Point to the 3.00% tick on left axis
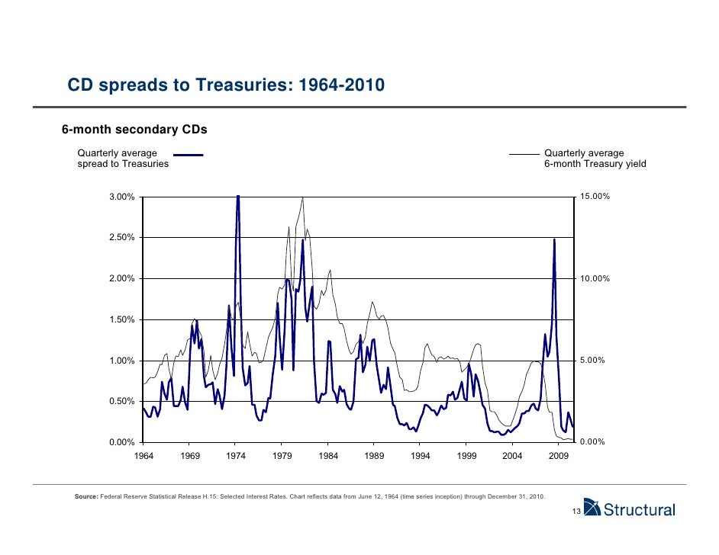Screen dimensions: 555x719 click(x=122, y=197)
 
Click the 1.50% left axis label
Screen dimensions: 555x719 click(x=122, y=319)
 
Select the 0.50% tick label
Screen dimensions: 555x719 click(x=122, y=401)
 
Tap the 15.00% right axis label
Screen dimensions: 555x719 click(x=595, y=197)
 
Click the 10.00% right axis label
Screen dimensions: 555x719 click(x=595, y=279)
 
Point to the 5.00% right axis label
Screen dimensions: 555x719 click(x=592, y=361)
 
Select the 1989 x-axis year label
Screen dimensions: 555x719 click(x=374, y=456)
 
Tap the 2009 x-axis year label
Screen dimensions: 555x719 click(x=559, y=456)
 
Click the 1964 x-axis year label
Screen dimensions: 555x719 click(x=143, y=456)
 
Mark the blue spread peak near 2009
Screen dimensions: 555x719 click(x=554, y=239)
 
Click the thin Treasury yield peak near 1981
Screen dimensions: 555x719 click(x=303, y=197)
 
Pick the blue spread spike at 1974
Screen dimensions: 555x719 click(x=238, y=197)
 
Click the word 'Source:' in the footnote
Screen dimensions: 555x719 click(x=86, y=496)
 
